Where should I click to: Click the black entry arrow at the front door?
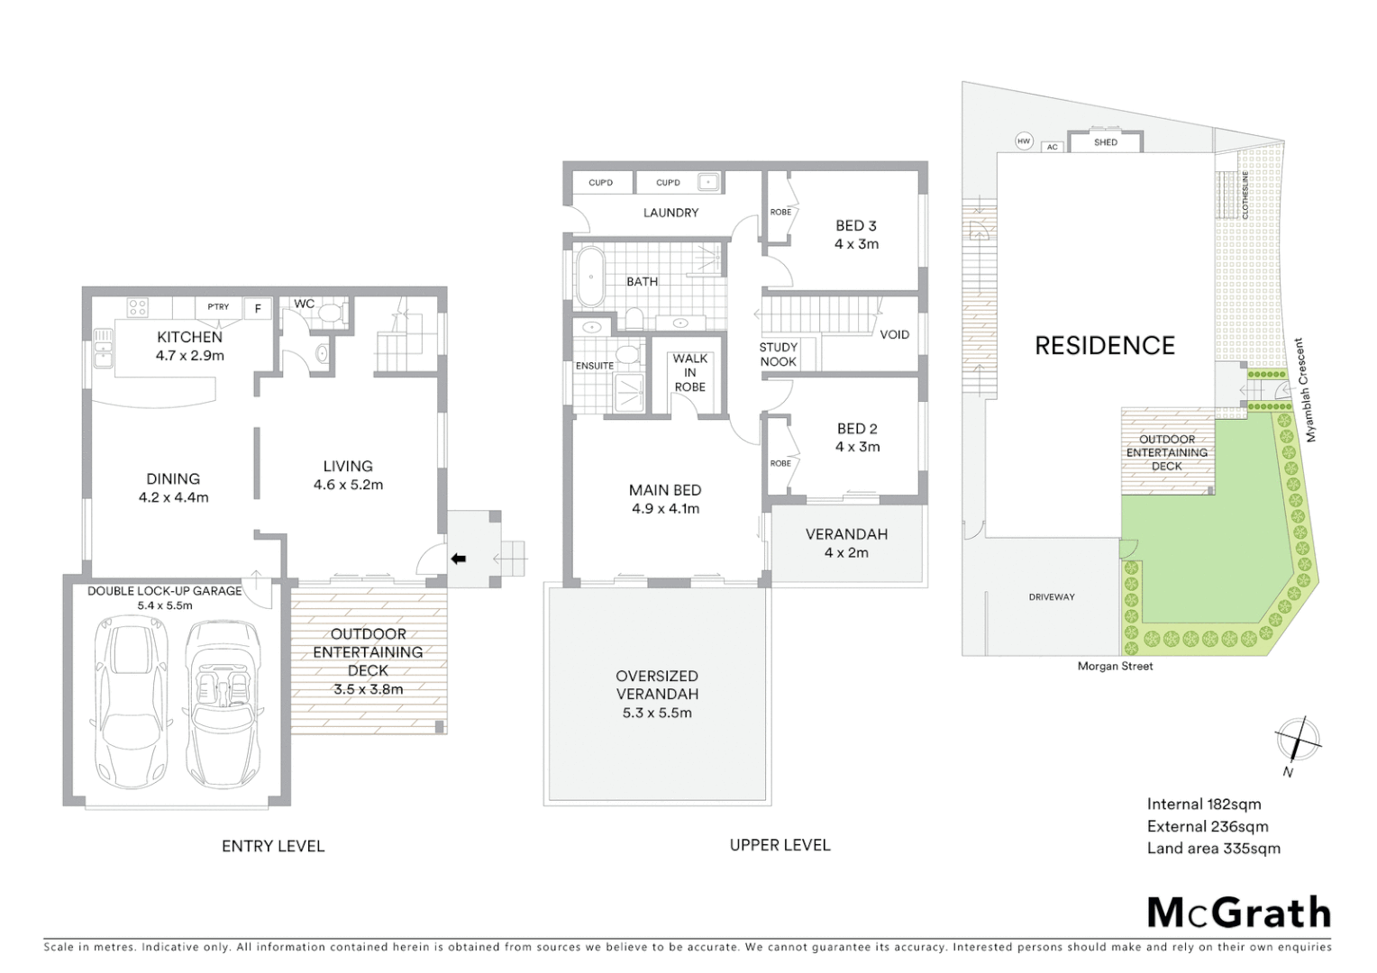coord(458,559)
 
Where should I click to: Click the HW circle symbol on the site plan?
coord(1023,141)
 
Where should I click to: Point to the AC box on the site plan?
coord(1052,147)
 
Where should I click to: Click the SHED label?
coord(1105,142)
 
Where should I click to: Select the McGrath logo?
coord(1238,913)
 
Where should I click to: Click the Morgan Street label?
coord(1115,666)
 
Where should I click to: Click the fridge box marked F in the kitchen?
coord(258,308)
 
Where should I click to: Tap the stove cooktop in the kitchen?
coord(137,308)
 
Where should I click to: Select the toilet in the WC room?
coord(330,313)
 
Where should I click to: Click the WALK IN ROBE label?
coord(689,372)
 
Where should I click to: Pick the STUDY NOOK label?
coord(778,354)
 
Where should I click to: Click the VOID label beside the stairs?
coord(894,334)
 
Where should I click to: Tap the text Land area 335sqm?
coord(1213,848)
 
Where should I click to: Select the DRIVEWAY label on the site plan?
coord(1051,596)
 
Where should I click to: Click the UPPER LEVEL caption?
coord(780,845)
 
